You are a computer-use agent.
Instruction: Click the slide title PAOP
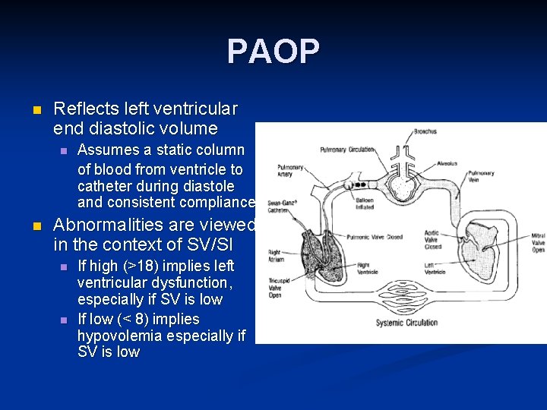pos(273,52)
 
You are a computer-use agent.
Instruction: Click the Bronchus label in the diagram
pos(425,132)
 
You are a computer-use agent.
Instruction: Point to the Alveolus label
pos(447,162)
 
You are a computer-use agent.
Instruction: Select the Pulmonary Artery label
pos(290,171)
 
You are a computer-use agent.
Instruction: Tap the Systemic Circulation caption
pos(406,323)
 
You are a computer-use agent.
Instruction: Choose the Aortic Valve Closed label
pos(432,240)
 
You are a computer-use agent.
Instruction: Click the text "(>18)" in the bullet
pos(138,266)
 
